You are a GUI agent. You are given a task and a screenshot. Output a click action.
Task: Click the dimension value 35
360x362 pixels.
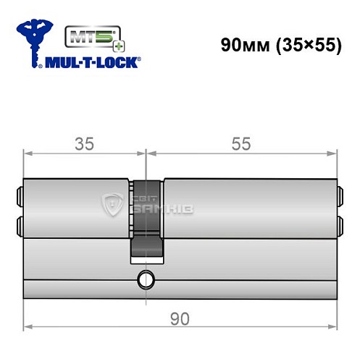(85, 143)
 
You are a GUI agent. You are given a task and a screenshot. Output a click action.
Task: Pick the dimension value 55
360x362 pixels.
(240, 143)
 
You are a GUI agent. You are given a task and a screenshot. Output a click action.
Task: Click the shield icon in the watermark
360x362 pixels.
(113, 204)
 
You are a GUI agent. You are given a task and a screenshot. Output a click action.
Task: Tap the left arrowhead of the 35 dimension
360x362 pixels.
(28, 153)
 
